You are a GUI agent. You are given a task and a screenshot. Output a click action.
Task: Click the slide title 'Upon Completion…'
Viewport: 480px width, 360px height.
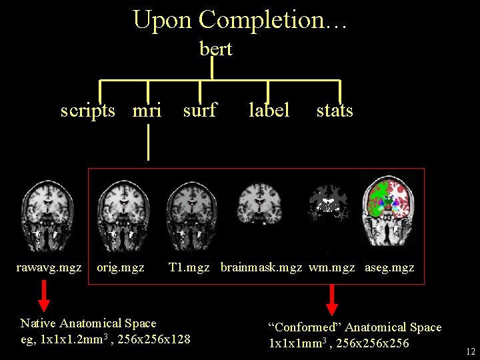coord(239,20)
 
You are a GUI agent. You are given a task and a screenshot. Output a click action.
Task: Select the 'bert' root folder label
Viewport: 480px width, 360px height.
coord(216,49)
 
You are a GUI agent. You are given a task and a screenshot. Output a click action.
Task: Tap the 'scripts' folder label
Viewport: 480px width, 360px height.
coord(88,110)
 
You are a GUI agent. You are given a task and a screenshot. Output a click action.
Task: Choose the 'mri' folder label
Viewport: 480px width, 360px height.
coord(147,110)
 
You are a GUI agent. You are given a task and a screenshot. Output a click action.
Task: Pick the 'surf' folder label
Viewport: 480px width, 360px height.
coord(199,110)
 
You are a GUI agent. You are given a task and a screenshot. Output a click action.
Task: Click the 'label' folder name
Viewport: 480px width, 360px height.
coord(269,110)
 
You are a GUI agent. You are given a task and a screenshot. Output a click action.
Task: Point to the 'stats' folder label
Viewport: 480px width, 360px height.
coord(335,110)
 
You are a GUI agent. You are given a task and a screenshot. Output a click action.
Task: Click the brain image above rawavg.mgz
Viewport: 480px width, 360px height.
coord(47,212)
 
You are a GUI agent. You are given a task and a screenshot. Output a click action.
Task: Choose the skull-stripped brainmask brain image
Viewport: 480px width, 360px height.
coord(260,200)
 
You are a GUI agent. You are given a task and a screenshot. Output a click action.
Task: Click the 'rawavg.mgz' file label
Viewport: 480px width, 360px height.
coord(49,268)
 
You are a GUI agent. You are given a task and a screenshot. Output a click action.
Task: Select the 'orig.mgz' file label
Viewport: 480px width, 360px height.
coord(120,268)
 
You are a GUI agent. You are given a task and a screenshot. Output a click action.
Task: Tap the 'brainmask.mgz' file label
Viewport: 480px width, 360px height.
coord(261,268)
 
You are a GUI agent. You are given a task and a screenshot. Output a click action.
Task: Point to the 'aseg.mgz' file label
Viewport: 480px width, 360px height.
coord(389,268)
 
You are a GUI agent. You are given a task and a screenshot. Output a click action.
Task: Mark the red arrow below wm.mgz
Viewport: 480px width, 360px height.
coord(331,300)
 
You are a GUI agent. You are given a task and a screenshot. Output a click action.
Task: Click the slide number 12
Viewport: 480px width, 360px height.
coord(471,351)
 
